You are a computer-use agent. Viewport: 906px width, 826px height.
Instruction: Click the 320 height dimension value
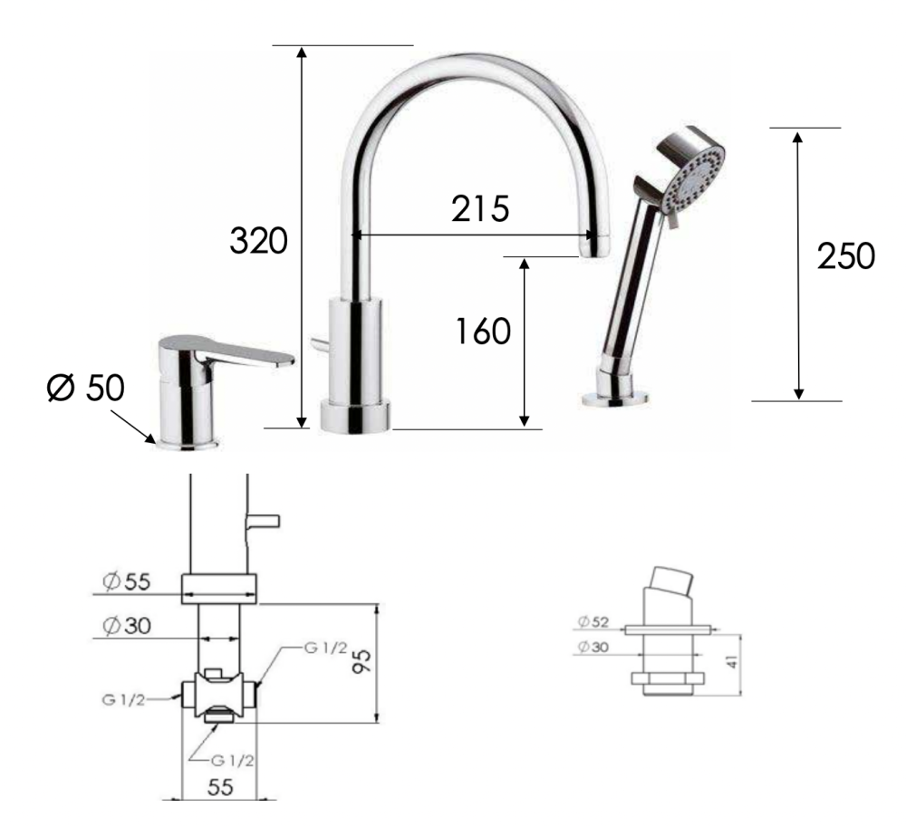pyautogui.click(x=258, y=241)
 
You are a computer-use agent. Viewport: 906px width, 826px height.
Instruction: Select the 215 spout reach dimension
pyautogui.click(x=480, y=208)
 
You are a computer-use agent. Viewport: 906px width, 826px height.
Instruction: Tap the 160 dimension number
pyautogui.click(x=483, y=331)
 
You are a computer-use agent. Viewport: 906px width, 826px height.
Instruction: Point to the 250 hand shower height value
pyautogui.click(x=845, y=256)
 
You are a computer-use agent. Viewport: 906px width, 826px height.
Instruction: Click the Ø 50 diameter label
pyautogui.click(x=85, y=388)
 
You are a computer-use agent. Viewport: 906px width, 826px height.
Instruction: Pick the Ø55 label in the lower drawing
pyautogui.click(x=127, y=581)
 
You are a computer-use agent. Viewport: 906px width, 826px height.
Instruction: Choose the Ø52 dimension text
pyautogui.click(x=593, y=622)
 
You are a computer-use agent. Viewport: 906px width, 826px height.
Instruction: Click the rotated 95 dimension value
pyautogui.click(x=362, y=660)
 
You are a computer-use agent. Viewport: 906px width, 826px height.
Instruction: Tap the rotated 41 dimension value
pyautogui.click(x=733, y=661)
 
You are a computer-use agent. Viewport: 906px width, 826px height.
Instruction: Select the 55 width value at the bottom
pyautogui.click(x=219, y=787)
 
